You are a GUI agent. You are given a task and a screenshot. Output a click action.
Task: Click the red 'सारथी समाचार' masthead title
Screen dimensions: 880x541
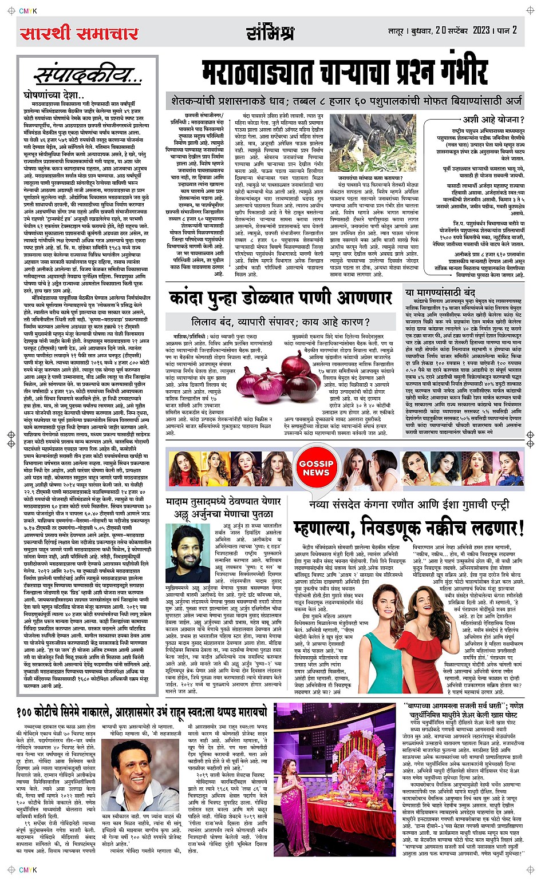pos(80,33)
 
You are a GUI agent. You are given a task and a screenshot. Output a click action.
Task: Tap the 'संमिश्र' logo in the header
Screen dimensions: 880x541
pos(270,33)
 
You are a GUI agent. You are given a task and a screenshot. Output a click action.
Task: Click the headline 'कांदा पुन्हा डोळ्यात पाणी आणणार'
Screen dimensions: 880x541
pos(281,299)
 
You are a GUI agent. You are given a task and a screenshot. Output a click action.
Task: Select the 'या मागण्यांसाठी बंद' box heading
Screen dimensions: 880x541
pos(440,292)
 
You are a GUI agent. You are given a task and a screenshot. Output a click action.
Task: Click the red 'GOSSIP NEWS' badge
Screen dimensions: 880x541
pos(316,468)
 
